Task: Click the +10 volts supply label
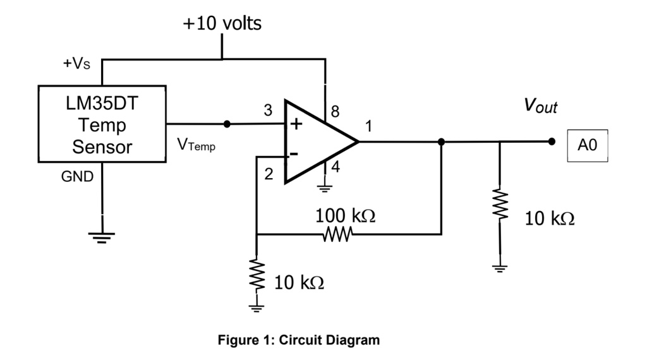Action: pos(222,23)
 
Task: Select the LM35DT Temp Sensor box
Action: pos(102,124)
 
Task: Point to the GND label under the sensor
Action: pos(76,177)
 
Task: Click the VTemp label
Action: pos(196,146)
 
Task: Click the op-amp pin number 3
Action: pos(268,111)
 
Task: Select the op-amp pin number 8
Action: pos(335,112)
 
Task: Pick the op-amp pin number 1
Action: pos(368,126)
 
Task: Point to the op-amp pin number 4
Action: pos(336,169)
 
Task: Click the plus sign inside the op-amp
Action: pos(296,124)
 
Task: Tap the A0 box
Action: pos(587,146)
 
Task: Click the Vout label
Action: pos(540,106)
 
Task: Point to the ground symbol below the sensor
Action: pos(101,237)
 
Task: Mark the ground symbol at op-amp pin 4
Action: pos(325,187)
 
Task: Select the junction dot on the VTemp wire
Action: pos(227,124)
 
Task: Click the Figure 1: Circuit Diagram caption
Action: pos(299,340)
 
